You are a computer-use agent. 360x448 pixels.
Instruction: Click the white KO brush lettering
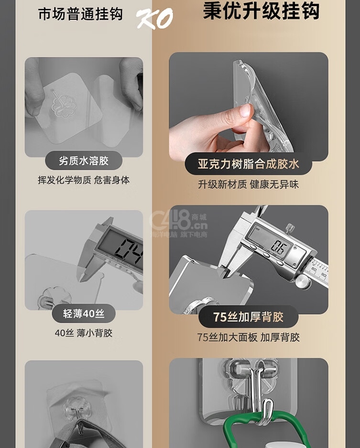tap(155, 18)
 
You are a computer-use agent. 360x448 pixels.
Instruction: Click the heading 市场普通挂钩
tap(81, 14)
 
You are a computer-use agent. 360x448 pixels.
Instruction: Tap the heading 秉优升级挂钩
tap(261, 11)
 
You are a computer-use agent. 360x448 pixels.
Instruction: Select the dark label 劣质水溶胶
tap(84, 161)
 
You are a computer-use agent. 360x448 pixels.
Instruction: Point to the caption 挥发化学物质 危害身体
tap(84, 180)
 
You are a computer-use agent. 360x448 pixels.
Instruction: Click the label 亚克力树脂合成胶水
tap(248, 164)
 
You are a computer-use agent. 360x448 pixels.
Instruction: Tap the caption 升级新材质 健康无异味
tap(248, 184)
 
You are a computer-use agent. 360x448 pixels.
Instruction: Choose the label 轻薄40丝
tap(84, 314)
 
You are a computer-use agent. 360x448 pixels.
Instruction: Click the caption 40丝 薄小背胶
tap(84, 333)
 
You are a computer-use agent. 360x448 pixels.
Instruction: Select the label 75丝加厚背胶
tap(248, 317)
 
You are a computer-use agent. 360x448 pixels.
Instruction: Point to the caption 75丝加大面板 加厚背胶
tap(248, 337)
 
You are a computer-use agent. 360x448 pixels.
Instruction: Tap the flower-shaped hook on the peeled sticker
tap(63, 105)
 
